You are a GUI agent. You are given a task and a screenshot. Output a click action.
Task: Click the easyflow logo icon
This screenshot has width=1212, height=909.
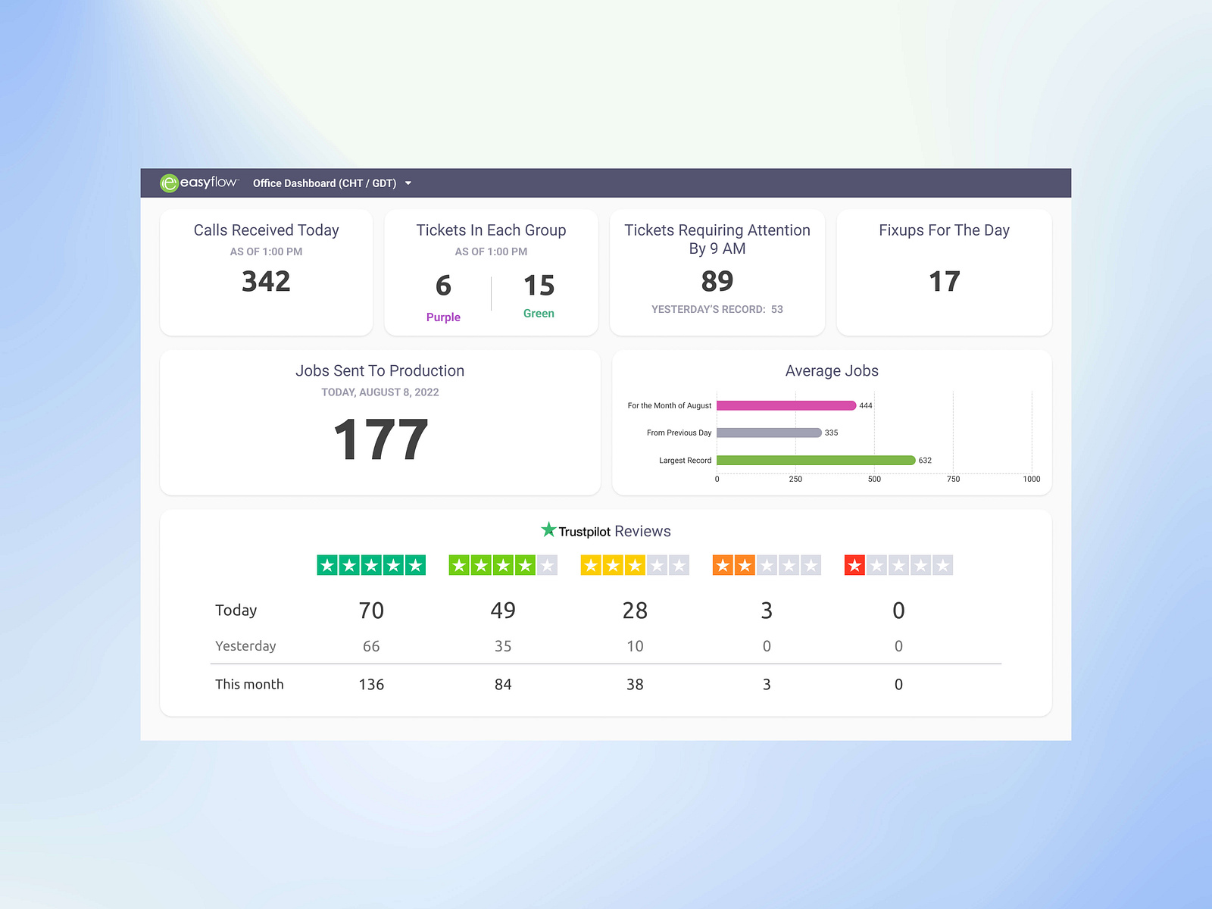click(x=169, y=183)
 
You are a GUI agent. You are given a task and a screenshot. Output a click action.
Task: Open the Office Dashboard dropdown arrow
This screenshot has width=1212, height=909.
click(x=408, y=183)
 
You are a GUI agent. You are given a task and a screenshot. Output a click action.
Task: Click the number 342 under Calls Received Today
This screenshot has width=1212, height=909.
click(x=266, y=282)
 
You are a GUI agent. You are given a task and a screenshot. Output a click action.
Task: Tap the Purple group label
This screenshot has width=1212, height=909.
click(x=443, y=317)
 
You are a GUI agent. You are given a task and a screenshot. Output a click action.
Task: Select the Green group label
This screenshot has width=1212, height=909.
click(x=539, y=314)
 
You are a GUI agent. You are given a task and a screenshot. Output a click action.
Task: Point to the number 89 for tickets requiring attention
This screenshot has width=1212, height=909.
click(x=717, y=282)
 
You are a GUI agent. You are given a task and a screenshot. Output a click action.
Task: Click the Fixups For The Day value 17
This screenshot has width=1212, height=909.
click(x=944, y=282)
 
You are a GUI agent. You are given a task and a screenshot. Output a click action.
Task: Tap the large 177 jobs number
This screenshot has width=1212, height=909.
click(x=380, y=440)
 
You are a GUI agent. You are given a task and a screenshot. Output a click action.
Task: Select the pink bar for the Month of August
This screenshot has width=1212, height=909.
click(x=786, y=406)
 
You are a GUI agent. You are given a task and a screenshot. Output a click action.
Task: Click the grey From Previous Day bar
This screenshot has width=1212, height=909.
click(x=768, y=433)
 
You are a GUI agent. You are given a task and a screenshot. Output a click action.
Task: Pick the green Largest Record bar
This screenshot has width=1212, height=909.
click(x=815, y=461)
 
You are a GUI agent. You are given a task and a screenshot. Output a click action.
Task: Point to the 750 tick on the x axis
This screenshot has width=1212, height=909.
click(x=953, y=479)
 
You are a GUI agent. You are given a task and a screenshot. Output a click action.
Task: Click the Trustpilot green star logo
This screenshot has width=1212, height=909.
click(x=548, y=529)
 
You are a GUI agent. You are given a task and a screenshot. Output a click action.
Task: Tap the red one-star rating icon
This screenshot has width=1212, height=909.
click(x=854, y=565)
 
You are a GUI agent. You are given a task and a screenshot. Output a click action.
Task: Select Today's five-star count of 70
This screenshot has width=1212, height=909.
click(x=371, y=611)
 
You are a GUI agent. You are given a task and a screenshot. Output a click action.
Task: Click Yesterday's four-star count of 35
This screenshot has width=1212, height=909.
click(x=503, y=646)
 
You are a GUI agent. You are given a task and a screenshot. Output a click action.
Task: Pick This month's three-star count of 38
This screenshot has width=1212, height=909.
click(x=635, y=685)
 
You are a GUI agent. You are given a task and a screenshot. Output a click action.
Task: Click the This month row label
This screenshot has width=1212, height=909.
click(x=249, y=685)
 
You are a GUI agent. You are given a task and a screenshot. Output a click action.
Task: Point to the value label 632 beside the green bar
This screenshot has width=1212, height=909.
click(x=925, y=461)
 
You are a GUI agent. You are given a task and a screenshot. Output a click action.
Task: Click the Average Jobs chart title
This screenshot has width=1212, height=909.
click(x=832, y=371)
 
